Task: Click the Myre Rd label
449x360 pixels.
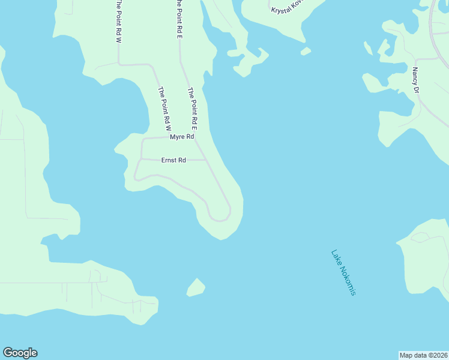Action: click(x=182, y=137)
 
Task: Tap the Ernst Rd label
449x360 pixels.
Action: click(x=173, y=160)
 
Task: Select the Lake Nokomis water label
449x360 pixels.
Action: click(x=344, y=272)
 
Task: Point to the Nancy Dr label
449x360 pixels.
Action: click(x=415, y=80)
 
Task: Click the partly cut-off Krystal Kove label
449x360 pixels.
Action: click(x=288, y=7)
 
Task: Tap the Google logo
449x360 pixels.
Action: click(x=20, y=353)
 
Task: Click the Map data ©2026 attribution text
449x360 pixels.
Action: click(x=424, y=355)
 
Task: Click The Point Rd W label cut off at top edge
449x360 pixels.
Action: click(x=119, y=21)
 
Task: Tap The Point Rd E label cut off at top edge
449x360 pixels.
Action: click(x=179, y=19)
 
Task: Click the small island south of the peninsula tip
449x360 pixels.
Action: click(x=195, y=287)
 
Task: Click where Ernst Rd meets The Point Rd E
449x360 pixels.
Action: click(x=207, y=160)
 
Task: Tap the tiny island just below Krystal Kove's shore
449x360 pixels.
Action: click(x=306, y=52)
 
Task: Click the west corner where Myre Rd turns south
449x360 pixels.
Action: click(x=142, y=139)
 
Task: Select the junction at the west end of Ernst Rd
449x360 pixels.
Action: click(x=141, y=160)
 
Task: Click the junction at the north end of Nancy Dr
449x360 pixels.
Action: click(x=416, y=59)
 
